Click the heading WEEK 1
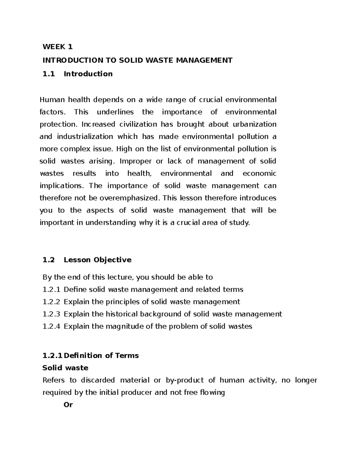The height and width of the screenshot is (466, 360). pyautogui.click(x=57, y=47)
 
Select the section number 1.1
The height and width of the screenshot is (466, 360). pyautogui.click(x=49, y=74)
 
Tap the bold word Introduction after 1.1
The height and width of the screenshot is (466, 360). pyautogui.click(x=88, y=74)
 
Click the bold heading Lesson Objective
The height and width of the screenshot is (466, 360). pyautogui.click(x=97, y=260)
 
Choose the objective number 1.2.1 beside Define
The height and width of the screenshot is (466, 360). pyautogui.click(x=51, y=290)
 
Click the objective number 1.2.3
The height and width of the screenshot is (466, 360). pyautogui.click(x=51, y=314)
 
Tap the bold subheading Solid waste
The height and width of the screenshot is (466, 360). pyautogui.click(x=65, y=368)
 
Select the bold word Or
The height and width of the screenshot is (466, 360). pyautogui.click(x=68, y=405)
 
